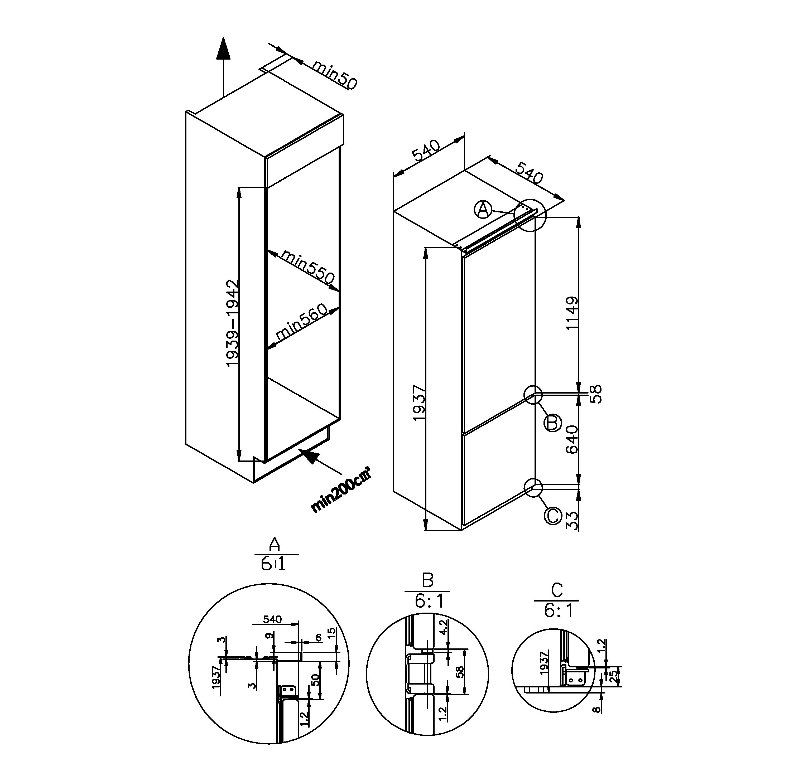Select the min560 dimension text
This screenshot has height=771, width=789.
301,322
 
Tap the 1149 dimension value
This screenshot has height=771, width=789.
572,313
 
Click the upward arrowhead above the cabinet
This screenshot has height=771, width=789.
223,49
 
